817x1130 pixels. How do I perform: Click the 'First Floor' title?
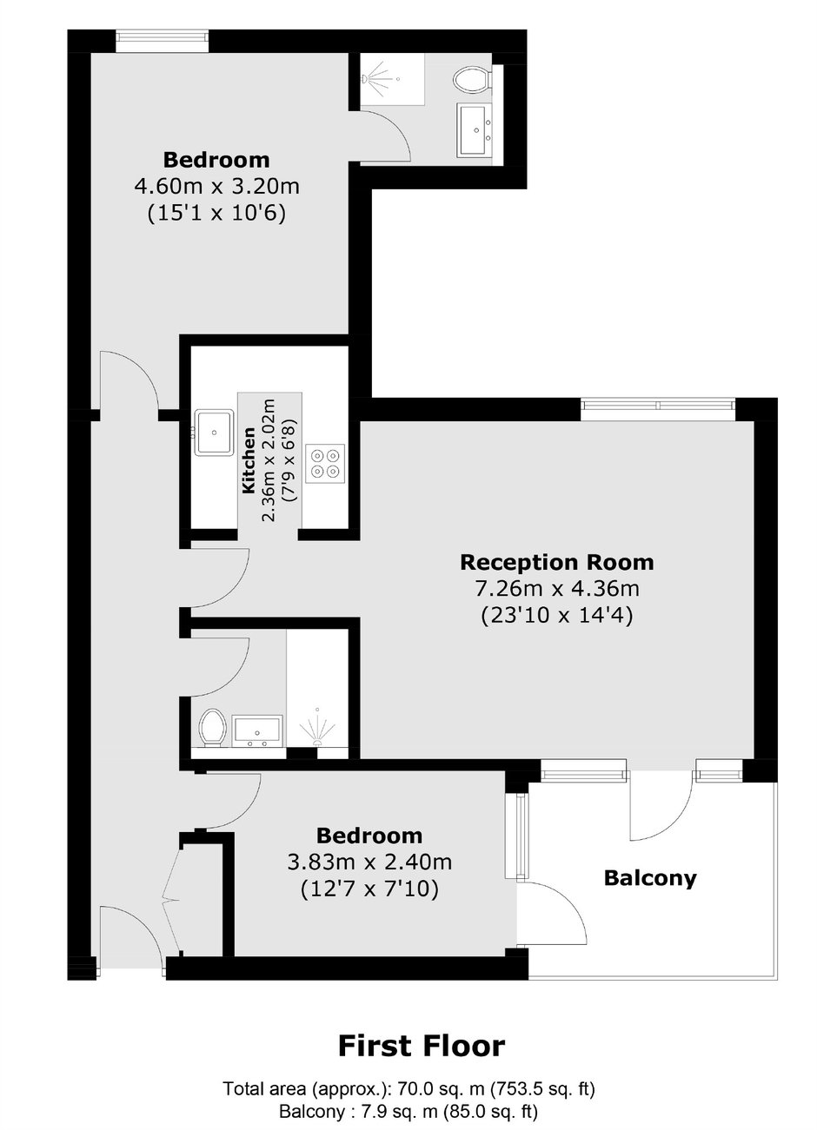click(x=422, y=1047)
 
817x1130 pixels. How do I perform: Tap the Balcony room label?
click(x=650, y=878)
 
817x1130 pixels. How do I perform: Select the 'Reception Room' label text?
click(x=556, y=563)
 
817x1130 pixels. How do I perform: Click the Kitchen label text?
click(x=249, y=460)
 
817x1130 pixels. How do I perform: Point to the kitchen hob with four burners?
click(x=325, y=463)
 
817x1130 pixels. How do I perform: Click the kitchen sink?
click(x=214, y=433)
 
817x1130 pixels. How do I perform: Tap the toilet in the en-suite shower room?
click(x=472, y=81)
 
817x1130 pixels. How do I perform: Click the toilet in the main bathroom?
click(x=212, y=727)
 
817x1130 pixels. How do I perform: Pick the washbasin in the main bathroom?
click(x=257, y=731)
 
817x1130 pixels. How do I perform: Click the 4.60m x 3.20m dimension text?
click(x=216, y=186)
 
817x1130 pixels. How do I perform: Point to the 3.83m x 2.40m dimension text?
click(x=369, y=862)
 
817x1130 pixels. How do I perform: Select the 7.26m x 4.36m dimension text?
click(x=557, y=589)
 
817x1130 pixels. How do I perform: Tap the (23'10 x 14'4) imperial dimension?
click(x=556, y=616)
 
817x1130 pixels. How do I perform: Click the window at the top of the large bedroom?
click(x=162, y=41)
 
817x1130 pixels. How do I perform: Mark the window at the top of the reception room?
click(x=657, y=409)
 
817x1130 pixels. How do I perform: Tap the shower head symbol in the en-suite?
click(x=378, y=79)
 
